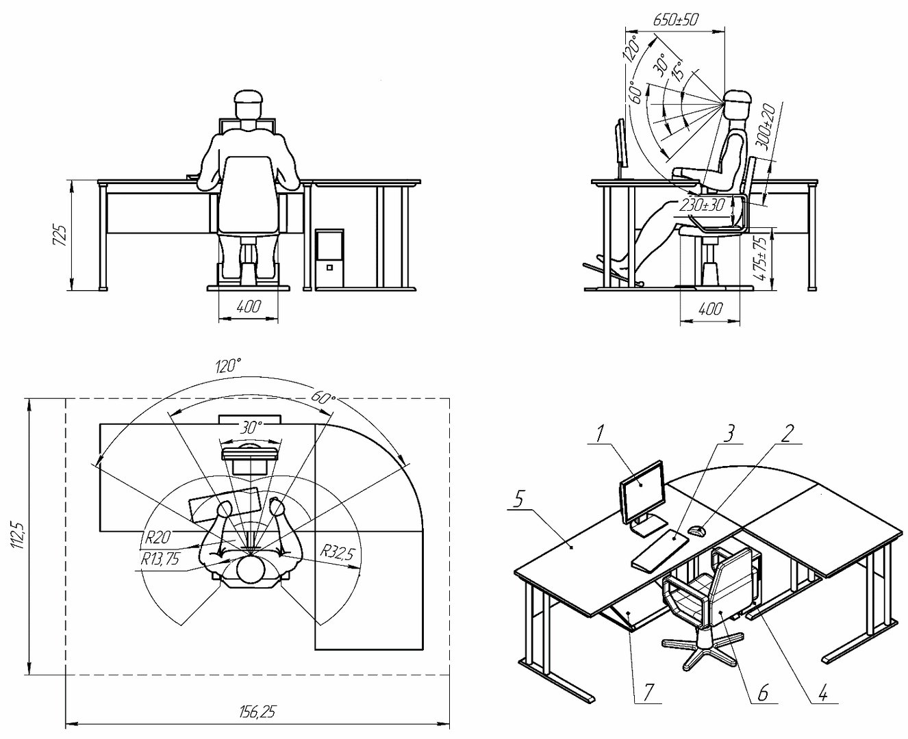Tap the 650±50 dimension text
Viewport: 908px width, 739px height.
676,20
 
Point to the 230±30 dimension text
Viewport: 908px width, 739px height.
702,205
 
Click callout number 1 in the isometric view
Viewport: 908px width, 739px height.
601,434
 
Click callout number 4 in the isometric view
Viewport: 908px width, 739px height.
823,691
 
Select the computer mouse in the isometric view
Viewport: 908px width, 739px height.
696,530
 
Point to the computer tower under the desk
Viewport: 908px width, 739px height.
329,259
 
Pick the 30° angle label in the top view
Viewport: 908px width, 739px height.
250,427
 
